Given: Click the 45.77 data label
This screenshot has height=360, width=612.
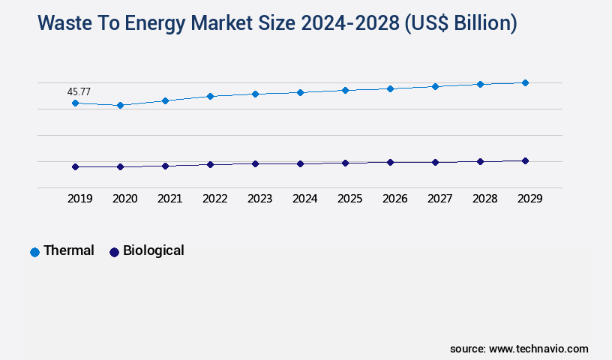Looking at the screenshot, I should (79, 91).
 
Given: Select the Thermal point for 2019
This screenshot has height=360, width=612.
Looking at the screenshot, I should (75, 103).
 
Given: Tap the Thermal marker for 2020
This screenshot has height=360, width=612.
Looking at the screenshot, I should (120, 106).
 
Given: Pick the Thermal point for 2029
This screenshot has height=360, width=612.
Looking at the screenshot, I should (525, 82).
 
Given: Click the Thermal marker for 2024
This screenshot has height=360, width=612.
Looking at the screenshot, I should (300, 92).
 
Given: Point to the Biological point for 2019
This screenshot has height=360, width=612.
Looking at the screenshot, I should (75, 166).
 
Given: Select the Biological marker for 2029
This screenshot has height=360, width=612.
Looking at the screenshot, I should (525, 160).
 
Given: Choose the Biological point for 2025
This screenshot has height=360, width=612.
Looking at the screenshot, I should (345, 163).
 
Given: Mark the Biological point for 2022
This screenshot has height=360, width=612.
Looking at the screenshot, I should (210, 164).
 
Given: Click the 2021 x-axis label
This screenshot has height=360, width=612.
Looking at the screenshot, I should (169, 199).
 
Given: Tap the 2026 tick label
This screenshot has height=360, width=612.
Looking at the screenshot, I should (394, 199).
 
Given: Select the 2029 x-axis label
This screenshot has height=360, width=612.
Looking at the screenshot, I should (529, 199).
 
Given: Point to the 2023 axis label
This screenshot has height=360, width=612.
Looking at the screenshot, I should (259, 199).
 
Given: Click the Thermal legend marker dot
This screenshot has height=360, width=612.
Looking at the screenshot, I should (34, 252).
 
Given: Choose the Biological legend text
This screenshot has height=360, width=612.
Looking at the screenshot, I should (153, 250).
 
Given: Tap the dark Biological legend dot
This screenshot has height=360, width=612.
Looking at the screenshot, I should (114, 252).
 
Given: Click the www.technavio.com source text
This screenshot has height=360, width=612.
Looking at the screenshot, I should (538, 349).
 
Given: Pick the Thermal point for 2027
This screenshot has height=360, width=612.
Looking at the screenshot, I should (435, 86).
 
